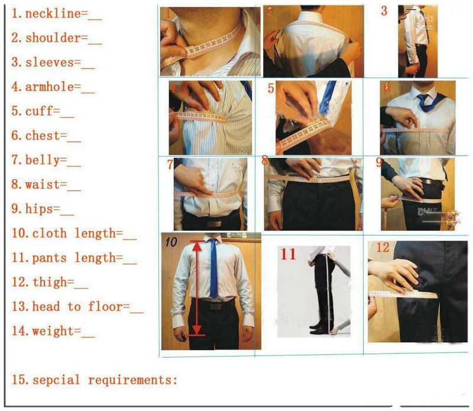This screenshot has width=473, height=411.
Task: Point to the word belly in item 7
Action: (x=43, y=160)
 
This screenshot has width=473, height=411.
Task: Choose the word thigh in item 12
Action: (x=43, y=283)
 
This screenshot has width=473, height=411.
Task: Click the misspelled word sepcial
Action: (x=57, y=380)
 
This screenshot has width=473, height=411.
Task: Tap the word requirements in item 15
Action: (x=132, y=380)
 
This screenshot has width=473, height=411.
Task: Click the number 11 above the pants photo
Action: (x=288, y=254)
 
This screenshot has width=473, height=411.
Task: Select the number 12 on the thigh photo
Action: (x=383, y=247)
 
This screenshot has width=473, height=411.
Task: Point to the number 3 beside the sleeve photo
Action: (x=384, y=11)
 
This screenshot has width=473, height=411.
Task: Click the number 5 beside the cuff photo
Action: (x=270, y=89)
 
